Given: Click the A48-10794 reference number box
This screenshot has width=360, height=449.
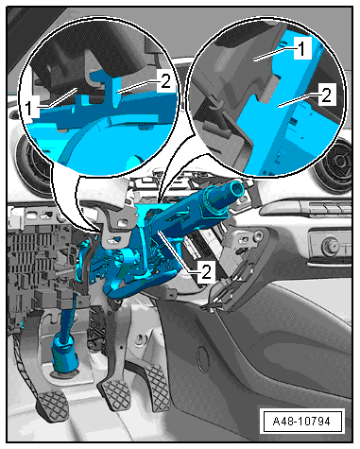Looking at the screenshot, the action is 302,421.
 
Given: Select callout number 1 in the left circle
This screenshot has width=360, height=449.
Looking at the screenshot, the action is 29,108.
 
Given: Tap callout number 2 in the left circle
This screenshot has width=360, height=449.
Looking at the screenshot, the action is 165,81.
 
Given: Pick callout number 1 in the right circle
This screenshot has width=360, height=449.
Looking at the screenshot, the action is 302,48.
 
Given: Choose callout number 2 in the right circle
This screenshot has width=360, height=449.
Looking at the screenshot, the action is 327,95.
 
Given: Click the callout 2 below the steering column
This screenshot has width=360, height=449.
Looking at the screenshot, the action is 207,271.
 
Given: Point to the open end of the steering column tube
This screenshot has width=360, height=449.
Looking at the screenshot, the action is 236,188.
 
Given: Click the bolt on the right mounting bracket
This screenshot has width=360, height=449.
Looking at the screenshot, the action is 259,234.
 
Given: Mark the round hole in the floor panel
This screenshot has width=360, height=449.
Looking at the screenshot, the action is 140,339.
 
